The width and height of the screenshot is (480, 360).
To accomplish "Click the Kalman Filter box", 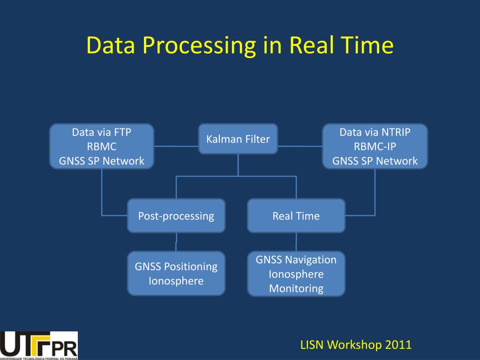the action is pyautogui.click(x=238, y=139).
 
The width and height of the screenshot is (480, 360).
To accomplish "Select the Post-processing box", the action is pyautogui.click(x=176, y=216).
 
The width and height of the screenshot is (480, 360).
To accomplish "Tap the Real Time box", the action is pyautogui.click(x=296, y=216).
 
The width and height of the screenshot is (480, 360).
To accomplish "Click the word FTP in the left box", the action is pyautogui.click(x=122, y=132).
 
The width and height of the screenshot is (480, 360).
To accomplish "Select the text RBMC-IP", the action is pyautogui.click(x=375, y=146).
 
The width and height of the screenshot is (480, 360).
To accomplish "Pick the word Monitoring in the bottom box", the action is pyautogui.click(x=296, y=288).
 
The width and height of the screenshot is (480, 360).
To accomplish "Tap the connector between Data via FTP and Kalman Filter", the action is pyautogui.click(x=176, y=146).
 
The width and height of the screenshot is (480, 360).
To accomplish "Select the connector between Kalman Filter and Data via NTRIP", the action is pyautogui.click(x=300, y=146).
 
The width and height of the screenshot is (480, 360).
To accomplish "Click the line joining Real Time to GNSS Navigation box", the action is pyautogui.click(x=296, y=242).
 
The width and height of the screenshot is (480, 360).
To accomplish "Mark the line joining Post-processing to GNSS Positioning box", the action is pyautogui.click(x=176, y=242).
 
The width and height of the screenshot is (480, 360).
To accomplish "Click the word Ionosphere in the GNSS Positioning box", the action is pyautogui.click(x=176, y=281).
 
